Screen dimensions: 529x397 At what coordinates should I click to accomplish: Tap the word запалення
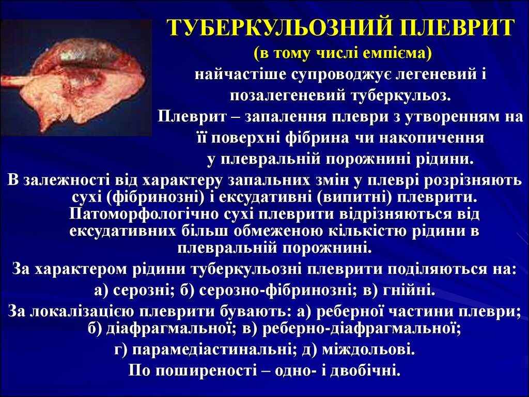coord(285,117)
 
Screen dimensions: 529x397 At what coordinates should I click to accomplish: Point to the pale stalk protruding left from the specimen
coord(15,81)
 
